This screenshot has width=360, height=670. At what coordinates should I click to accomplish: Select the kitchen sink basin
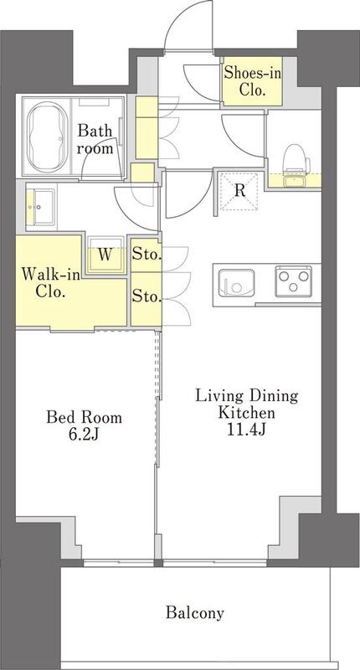tap(236, 283)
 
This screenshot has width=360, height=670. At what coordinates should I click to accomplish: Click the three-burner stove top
tap(293, 281)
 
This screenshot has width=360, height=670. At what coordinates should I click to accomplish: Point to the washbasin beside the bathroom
tap(40, 207)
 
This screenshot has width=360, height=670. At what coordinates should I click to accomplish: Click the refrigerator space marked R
tap(239, 192)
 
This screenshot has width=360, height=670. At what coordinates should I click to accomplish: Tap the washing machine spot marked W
tap(106, 255)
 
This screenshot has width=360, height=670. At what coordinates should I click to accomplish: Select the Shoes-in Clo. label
tap(253, 81)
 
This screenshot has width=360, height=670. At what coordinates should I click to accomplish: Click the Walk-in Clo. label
tap(51, 282)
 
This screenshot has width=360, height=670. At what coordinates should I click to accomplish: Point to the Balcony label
tap(195, 613)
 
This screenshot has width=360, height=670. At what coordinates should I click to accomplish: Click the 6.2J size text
tap(84, 435)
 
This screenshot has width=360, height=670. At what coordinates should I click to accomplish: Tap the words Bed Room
tap(84, 417)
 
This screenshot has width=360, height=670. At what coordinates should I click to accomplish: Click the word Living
tap(214, 396)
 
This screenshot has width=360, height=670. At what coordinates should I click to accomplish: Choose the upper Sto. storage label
tap(147, 255)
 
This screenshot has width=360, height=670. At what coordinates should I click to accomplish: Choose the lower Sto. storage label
tap(147, 296)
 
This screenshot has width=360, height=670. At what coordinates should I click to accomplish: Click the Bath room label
tap(95, 139)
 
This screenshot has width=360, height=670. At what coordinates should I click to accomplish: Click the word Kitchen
tap(246, 413)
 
